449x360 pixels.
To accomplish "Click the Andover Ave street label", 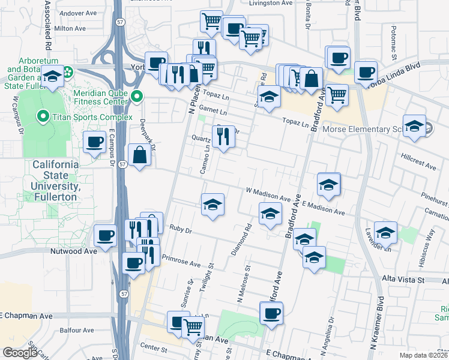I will pos(75,12).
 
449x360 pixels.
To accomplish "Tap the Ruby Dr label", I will pos(180,229).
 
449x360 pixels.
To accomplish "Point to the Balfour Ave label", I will pos(76,330).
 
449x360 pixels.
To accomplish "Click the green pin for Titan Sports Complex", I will pos(42,115).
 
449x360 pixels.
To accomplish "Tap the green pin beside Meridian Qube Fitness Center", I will pos(138,95).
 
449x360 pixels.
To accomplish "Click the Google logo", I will pos(20,353).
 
